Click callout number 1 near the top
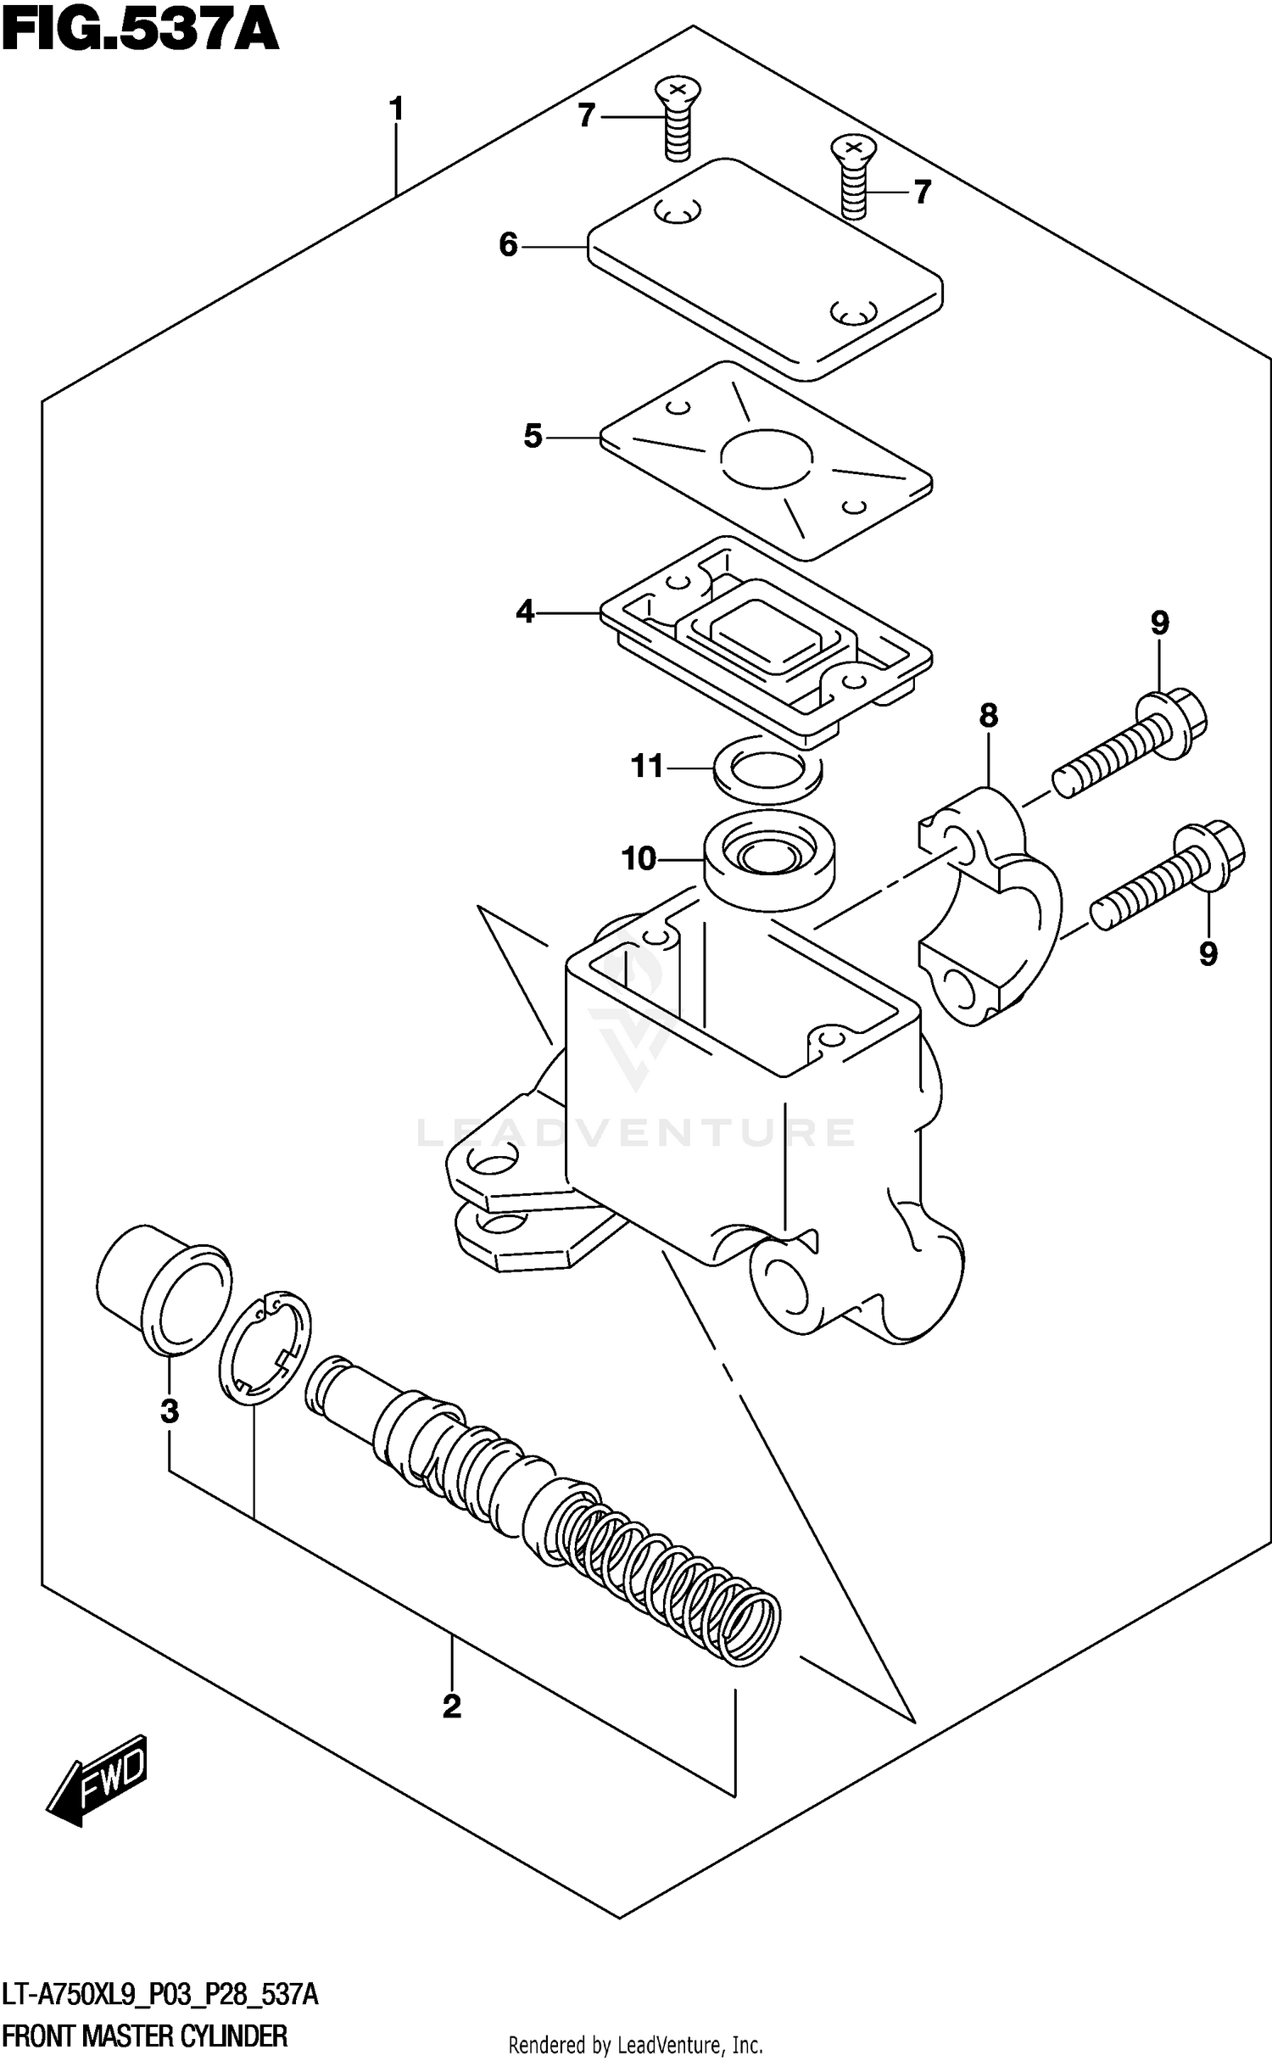[x=395, y=109]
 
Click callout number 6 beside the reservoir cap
[x=508, y=245]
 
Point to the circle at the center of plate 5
[x=767, y=458]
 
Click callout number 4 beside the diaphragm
[x=525, y=611]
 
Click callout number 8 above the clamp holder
[x=988, y=717]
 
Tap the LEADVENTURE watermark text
[x=636, y=1132]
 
